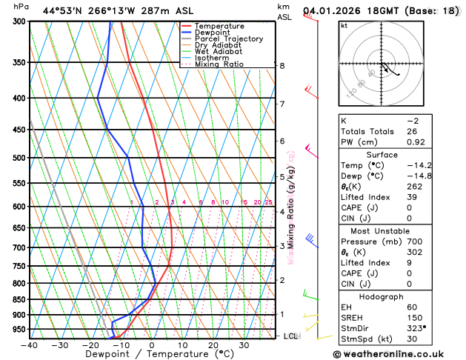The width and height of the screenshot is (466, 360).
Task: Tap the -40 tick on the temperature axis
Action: click(x=30, y=345)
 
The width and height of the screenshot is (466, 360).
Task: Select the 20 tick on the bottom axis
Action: click(x=213, y=345)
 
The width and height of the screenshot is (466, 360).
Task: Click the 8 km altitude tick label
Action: click(x=282, y=66)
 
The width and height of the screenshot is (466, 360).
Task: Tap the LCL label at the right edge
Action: click(x=291, y=336)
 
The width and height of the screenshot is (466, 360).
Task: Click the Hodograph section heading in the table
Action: click(x=396, y=296)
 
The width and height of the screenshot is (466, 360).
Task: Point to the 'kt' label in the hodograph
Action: click(x=344, y=26)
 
